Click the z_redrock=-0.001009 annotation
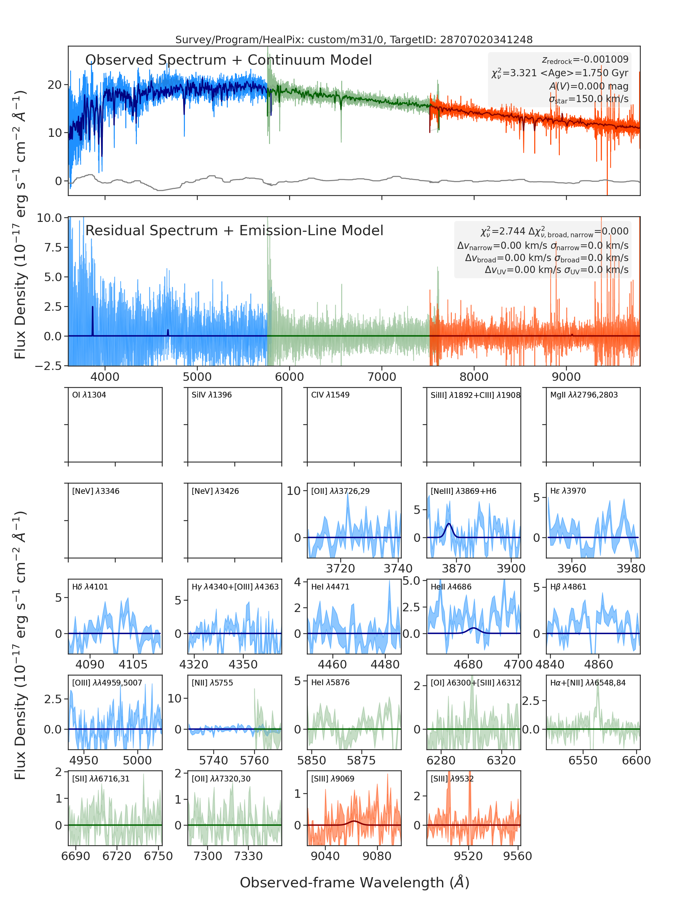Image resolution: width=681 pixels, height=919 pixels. coord(585,60)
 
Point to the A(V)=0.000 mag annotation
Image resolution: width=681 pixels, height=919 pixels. coord(589,86)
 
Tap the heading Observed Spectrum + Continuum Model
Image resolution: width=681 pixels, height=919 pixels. coord(228,60)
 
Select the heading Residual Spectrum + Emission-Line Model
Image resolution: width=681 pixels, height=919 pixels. coord(234,230)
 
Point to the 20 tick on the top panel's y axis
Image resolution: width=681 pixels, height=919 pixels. coord(55,85)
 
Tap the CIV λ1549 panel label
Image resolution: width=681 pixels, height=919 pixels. coord(330,395)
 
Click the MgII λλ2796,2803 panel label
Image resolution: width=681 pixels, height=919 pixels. coord(584,395)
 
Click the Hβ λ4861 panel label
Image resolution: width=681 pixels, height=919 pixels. coord(568,587)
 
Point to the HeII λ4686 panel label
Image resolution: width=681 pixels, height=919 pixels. coord(451,587)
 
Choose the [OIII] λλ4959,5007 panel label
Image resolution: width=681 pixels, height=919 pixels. coord(107,683)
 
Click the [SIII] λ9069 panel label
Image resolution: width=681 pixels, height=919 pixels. coord(333,778)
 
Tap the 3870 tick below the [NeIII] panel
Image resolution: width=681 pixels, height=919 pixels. coord(456,568)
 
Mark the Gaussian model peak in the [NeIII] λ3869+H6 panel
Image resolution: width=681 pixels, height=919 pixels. coord(448,524)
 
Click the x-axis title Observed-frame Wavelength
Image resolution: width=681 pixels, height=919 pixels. coord(354,883)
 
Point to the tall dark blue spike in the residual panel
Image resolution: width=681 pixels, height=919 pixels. coord(92,321)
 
